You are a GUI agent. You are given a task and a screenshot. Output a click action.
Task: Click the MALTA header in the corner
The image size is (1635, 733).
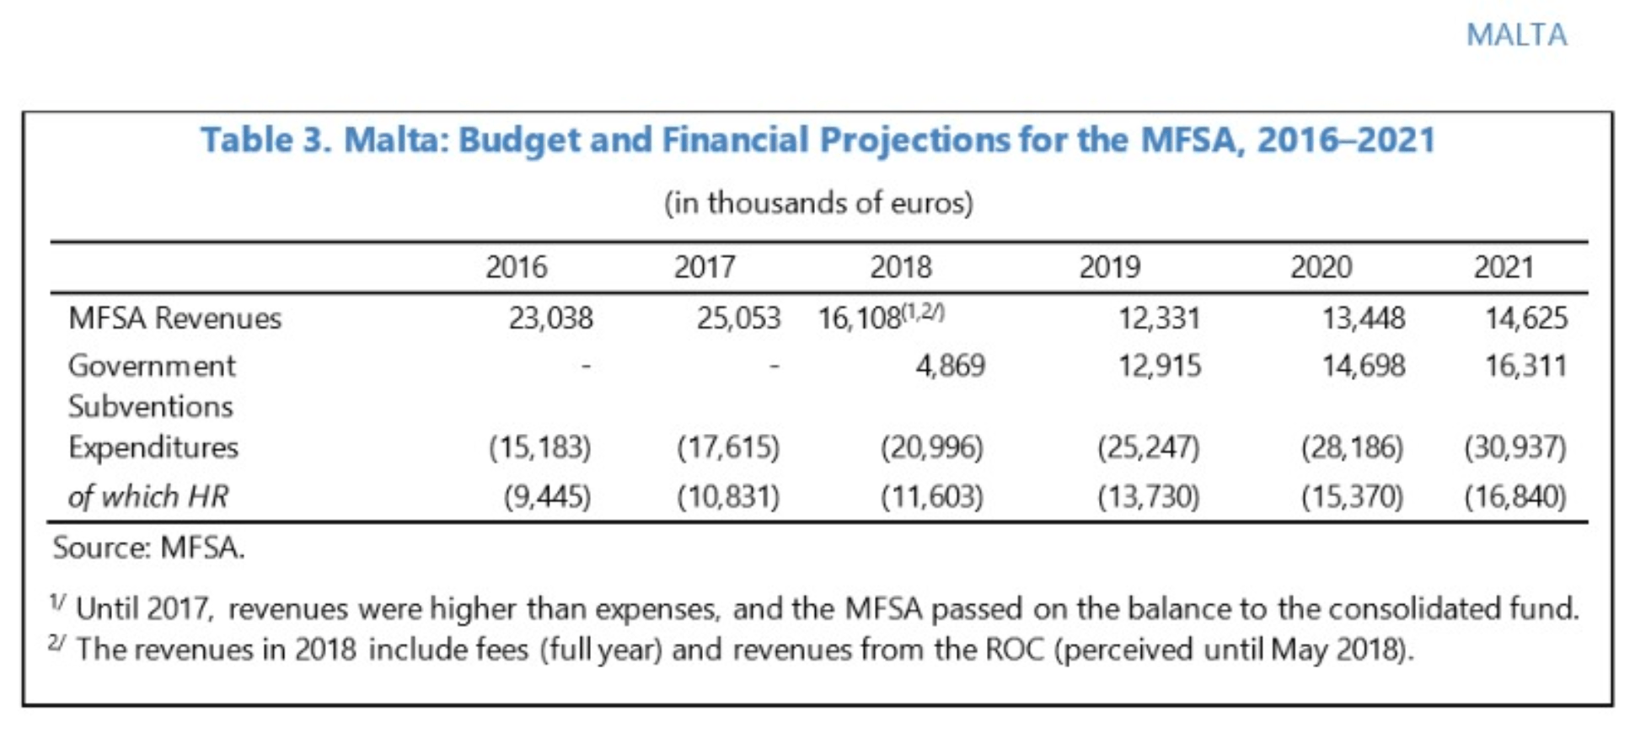pos(1516,35)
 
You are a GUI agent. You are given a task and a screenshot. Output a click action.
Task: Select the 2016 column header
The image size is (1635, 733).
pos(516,268)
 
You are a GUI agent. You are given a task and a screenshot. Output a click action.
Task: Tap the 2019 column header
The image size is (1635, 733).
pos(1109,268)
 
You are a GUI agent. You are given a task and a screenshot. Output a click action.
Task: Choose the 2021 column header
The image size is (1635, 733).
pos(1504,268)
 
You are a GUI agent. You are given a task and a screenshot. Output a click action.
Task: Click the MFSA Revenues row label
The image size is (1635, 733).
pos(174,318)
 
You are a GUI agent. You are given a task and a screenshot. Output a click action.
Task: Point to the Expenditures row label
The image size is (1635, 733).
pos(153,447)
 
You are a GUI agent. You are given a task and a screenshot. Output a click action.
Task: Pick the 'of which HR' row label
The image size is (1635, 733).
pos(147,497)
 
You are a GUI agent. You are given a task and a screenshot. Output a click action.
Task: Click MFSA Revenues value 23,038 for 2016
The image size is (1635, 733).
pos(550,318)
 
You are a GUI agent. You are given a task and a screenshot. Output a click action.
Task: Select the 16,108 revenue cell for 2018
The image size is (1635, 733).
pos(859,319)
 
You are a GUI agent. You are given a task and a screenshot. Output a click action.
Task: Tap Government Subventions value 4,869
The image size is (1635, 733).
pos(950,366)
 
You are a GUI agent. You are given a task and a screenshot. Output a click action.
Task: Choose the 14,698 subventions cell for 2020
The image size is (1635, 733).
pos(1363,366)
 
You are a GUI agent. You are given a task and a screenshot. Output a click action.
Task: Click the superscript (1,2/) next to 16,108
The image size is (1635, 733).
pos(923,313)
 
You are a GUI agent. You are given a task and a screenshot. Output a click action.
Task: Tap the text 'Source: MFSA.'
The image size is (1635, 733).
pos(148,548)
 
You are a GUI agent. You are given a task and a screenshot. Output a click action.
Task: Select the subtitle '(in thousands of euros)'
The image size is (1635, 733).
pos(818,203)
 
